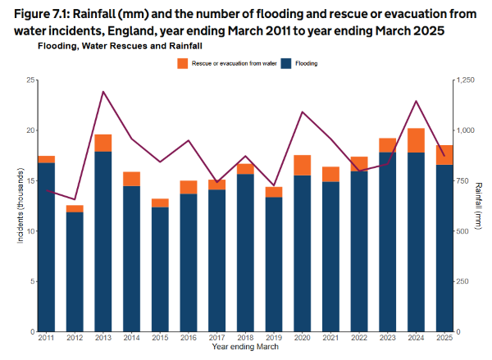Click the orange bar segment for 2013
pyautogui.click(x=102, y=144)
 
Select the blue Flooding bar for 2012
pyautogui.click(x=75, y=271)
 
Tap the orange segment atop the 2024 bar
pyautogui.click(x=416, y=140)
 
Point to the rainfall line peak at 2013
pyautogui.click(x=103, y=92)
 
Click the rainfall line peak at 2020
pyautogui.click(x=303, y=112)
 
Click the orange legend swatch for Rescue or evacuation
pyautogui.click(x=182, y=63)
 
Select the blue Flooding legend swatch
pyautogui.click(x=286, y=63)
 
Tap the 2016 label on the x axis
pyautogui.click(x=189, y=338)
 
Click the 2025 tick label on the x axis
pyautogui.click(x=444, y=338)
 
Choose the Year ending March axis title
pyautogui.click(x=244, y=348)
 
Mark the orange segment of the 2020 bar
pyautogui.click(x=303, y=165)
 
